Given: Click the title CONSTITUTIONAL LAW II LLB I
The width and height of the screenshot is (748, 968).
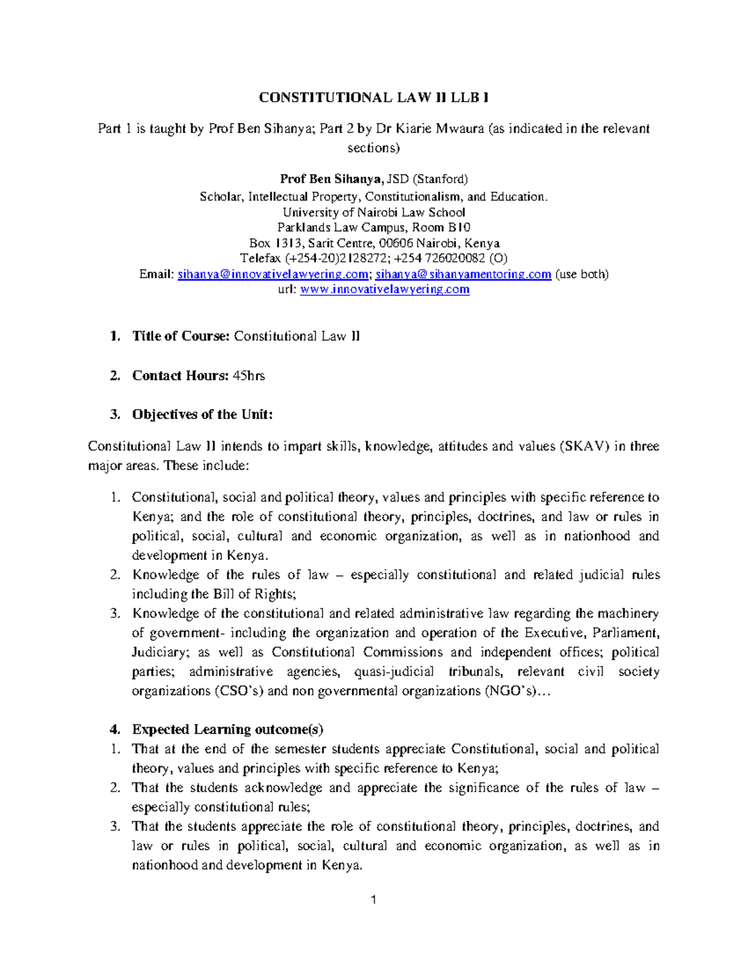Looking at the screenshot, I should click(x=374, y=97).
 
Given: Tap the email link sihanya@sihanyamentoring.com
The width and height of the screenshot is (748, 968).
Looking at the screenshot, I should click(x=463, y=274).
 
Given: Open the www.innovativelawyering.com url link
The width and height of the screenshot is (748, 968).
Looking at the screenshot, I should click(x=385, y=290).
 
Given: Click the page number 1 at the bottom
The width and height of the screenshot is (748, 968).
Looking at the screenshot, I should click(x=373, y=899).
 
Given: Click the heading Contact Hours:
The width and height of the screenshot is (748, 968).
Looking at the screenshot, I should click(x=180, y=376).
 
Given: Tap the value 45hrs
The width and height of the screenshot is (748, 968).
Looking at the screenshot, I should click(x=249, y=376).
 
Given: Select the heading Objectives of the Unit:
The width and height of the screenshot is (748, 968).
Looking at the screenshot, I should click(x=202, y=415).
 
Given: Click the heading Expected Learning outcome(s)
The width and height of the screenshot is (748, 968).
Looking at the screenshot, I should click(x=228, y=729).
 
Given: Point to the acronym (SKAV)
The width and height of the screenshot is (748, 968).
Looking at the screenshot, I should click(x=584, y=446).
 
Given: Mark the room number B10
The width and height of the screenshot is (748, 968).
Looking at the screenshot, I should click(x=459, y=228).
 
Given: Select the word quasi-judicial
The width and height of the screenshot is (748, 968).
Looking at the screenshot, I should click(x=393, y=672).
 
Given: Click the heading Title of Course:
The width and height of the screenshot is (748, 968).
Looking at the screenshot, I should click(x=181, y=337).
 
